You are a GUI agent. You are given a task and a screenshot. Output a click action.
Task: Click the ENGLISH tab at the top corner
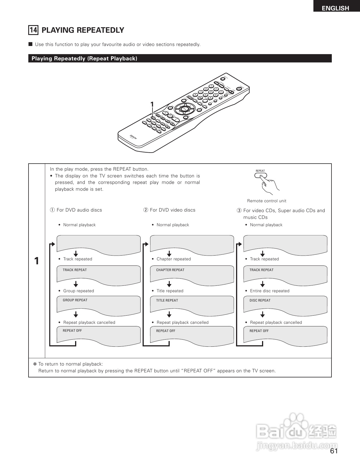point(335,8)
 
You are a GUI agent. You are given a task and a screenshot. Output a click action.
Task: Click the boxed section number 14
point(33,30)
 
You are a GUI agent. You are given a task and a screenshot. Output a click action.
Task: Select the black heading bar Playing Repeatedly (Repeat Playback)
point(180,58)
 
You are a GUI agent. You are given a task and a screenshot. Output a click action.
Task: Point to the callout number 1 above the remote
point(152,105)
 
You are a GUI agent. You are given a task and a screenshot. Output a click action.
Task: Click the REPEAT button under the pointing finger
point(260,175)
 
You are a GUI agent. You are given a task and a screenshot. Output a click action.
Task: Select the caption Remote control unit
point(267,201)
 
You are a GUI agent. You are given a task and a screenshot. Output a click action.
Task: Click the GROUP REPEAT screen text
point(75,300)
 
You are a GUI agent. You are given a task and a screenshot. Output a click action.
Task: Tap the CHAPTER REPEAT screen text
point(170,270)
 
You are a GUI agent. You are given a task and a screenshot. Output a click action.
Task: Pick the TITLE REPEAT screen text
point(167,300)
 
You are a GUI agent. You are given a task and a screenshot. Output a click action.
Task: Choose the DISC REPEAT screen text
point(260,300)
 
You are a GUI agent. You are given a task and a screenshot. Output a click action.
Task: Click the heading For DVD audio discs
point(79,210)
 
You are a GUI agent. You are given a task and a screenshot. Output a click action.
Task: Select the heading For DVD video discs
point(173,210)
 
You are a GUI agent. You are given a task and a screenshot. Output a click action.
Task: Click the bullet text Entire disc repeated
point(270,291)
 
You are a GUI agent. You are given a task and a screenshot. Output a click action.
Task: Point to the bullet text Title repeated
point(170,291)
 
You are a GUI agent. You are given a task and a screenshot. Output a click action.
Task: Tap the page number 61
point(334,451)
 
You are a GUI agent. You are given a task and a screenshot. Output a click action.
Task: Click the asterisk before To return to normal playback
point(35,364)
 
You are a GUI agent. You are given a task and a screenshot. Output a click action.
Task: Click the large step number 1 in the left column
point(37,261)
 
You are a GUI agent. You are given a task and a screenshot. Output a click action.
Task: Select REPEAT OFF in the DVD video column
point(166,331)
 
